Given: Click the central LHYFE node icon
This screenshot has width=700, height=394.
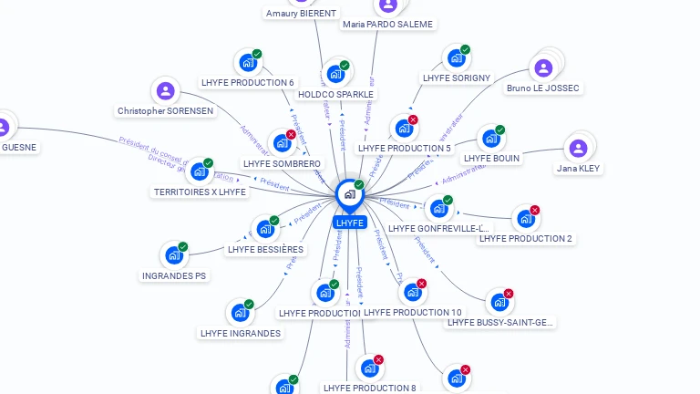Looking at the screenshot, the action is (349, 194).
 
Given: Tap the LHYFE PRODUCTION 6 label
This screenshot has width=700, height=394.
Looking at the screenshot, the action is (248, 83).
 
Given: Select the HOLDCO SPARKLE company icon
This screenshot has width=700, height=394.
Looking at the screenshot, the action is (335, 74).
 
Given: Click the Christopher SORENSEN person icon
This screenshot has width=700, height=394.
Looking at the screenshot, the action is (165, 91).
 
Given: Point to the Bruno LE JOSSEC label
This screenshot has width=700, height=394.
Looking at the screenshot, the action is (543, 88).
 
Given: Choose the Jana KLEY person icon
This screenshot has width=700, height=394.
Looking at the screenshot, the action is (578, 149).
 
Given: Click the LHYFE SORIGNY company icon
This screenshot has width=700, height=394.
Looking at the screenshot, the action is (456, 58).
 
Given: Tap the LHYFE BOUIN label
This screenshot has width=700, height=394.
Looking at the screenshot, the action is (491, 158).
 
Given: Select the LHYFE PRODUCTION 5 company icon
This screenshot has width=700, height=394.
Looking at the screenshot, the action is (403, 129).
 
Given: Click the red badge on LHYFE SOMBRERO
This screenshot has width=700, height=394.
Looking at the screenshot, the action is (291, 135).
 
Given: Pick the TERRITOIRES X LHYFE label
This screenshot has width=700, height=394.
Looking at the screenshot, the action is (200, 192).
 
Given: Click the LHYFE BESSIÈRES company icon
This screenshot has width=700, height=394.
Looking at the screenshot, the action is (264, 229).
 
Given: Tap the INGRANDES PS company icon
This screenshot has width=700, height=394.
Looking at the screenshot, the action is (173, 255).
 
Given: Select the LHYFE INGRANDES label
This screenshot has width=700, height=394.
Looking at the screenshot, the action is (241, 334).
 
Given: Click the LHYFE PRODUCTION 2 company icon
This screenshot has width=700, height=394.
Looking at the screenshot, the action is (525, 219).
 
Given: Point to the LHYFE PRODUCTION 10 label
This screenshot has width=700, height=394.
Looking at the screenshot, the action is (412, 313).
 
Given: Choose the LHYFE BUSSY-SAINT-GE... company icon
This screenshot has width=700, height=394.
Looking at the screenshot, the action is (499, 303).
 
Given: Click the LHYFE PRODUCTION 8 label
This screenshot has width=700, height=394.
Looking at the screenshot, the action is (369, 389).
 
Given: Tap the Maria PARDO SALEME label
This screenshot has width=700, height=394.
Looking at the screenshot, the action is (387, 25).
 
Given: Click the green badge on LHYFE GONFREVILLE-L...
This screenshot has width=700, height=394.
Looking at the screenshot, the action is (448, 201).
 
